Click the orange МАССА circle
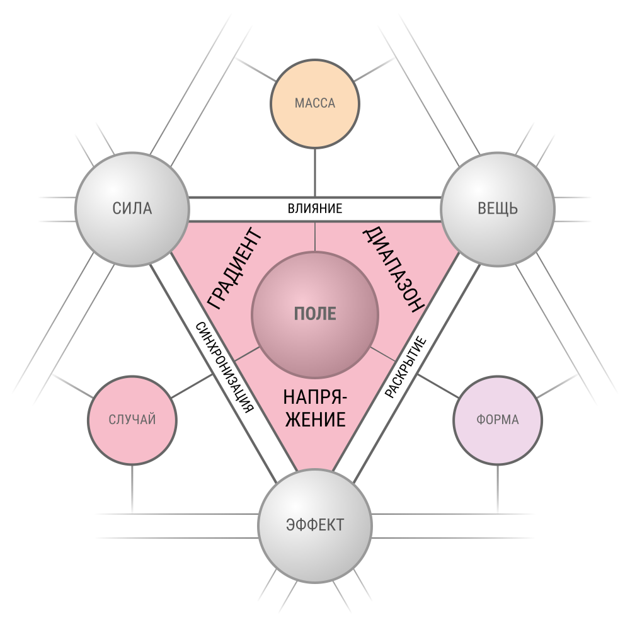(x=315, y=104)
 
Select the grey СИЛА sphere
(x=132, y=209)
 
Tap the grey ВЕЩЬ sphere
(x=498, y=209)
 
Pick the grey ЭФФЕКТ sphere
(x=315, y=525)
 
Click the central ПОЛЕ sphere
(x=315, y=314)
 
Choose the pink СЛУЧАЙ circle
(x=132, y=420)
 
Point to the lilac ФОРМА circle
(x=498, y=420)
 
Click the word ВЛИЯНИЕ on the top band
(x=315, y=209)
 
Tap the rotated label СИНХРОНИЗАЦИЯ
(x=225, y=367)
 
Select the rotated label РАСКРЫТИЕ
(x=405, y=368)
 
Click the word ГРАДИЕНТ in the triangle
(x=234, y=268)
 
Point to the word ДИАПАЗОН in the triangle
(x=394, y=270)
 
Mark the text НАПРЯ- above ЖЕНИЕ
(x=315, y=398)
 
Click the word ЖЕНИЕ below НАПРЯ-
(x=315, y=420)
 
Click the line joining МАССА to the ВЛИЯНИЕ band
(x=315, y=173)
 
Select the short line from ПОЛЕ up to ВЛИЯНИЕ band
(x=315, y=237)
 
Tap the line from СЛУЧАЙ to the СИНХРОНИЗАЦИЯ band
(x=192, y=386)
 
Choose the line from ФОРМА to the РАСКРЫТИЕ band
(x=438, y=386)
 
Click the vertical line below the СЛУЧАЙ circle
(x=132, y=489)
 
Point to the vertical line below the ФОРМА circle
(x=498, y=489)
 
